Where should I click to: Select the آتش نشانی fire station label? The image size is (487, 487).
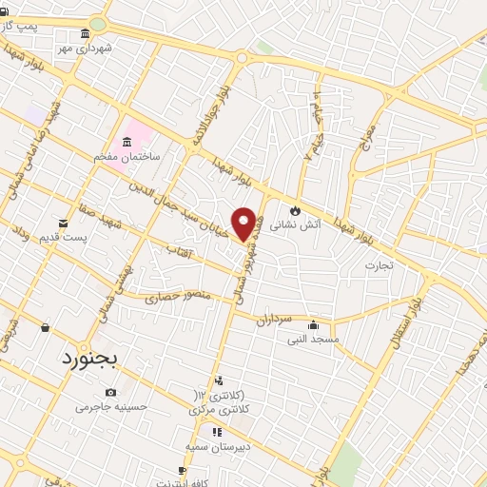(x=289, y=225)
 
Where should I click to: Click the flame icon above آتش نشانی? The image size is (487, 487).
(x=295, y=210)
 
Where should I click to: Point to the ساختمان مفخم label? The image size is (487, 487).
(x=133, y=154)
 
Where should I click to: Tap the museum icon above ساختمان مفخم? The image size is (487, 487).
(x=127, y=141)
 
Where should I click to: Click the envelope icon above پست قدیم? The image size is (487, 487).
(x=63, y=222)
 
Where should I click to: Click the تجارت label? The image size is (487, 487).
(x=378, y=265)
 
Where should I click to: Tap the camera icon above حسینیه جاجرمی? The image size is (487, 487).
(x=111, y=393)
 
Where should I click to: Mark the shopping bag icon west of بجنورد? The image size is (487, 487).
(x=45, y=327)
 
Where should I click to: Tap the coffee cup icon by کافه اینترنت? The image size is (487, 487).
(x=182, y=470)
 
